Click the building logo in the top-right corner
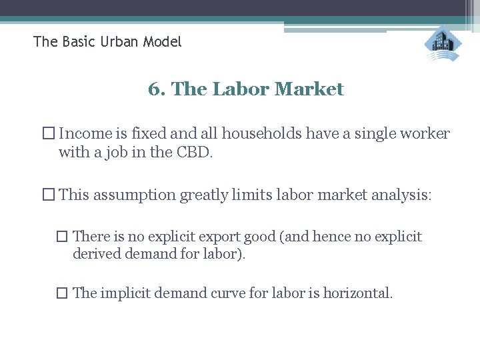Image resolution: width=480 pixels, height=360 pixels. [443, 44]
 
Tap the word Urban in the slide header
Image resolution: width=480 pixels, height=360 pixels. [123, 42]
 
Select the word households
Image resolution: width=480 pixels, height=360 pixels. [262, 133]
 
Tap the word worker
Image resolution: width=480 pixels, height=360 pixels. [426, 133]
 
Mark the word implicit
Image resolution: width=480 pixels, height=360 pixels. [125, 293]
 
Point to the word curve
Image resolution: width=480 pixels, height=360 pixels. [236, 293]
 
